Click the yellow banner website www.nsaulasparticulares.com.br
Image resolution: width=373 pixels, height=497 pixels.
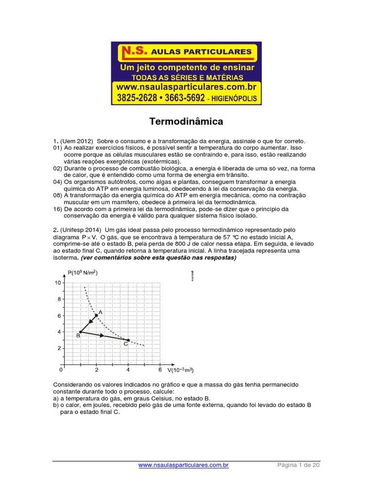point(186,86)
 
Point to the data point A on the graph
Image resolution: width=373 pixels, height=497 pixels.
point(96,315)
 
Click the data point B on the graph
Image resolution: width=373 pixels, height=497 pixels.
point(80,332)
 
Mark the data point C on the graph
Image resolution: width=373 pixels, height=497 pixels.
point(128,340)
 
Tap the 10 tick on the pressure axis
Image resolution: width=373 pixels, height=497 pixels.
point(58,283)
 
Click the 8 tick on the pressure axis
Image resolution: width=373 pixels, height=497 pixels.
point(59,299)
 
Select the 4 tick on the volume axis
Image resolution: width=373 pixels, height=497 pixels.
point(128,370)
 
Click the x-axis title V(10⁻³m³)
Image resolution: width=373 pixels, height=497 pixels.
point(181,370)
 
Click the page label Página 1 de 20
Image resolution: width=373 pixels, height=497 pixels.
point(299,465)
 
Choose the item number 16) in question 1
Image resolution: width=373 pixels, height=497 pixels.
point(58,209)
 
